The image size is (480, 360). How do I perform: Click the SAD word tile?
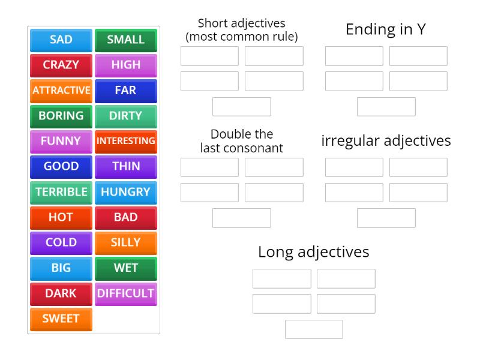click(x=61, y=40)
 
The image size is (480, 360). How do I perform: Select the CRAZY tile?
click(x=61, y=65)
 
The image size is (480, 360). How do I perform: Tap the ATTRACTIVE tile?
click(x=61, y=91)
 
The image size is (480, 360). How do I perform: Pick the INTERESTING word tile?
click(x=126, y=142)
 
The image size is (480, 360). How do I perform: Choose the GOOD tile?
click(x=61, y=167)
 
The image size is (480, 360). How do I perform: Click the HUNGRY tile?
click(x=126, y=192)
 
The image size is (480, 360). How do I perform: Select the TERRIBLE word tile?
click(x=61, y=192)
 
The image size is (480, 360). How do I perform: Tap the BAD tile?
click(x=126, y=217)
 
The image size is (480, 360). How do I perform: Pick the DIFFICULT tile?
click(x=126, y=293)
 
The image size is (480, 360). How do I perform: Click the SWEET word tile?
click(x=61, y=319)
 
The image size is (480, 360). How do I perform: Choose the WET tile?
click(x=126, y=268)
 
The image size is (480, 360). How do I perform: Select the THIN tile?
click(x=126, y=167)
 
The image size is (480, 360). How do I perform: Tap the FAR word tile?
click(x=126, y=91)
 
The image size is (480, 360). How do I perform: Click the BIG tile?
click(x=61, y=268)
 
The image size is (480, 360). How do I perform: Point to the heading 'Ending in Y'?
click(x=386, y=29)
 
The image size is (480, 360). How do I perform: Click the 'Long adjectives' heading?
click(x=314, y=252)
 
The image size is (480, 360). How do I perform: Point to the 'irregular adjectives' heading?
click(x=386, y=141)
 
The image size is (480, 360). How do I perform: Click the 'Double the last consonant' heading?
click(x=242, y=140)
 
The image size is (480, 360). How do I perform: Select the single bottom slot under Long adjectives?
click(x=314, y=329)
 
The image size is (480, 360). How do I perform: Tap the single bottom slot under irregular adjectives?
click(x=386, y=218)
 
